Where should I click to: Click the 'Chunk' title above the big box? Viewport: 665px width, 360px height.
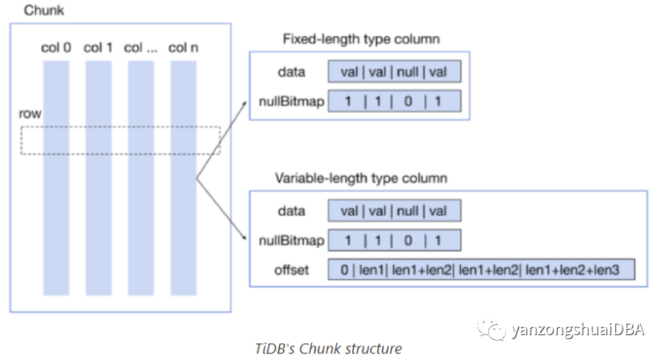pos(44,10)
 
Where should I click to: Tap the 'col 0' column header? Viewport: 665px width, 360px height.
pos(56,47)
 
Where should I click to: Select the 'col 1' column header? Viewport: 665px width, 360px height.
pos(98,47)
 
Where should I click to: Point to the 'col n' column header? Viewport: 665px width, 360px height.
pos(183,47)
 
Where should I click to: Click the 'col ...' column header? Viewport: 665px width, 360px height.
pos(140,47)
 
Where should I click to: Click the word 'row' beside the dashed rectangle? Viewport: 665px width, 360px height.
pos(30,114)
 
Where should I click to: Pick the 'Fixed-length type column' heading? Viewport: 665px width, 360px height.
pos(361,39)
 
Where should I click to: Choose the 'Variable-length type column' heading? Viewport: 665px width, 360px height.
pos(361,178)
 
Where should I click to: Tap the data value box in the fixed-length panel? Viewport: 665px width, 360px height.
pos(395,71)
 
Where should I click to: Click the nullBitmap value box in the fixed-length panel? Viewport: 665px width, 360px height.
pos(395,101)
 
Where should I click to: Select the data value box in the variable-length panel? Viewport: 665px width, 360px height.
pos(395,210)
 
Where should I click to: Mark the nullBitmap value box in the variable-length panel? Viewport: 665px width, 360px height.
pos(395,241)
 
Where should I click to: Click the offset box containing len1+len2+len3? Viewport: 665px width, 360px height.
pos(482,270)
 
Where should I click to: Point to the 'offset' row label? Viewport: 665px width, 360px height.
pos(291,270)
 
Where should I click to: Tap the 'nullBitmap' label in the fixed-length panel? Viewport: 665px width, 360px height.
pos(291,102)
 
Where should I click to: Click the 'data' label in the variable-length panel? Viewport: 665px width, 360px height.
pos(291,210)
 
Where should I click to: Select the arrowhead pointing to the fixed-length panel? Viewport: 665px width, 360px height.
pos(244,103)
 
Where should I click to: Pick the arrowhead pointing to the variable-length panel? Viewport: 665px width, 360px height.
pos(244,237)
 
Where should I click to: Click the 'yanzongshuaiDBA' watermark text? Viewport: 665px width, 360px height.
pos(578,330)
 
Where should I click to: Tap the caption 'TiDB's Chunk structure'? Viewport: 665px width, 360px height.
pos(328,349)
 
